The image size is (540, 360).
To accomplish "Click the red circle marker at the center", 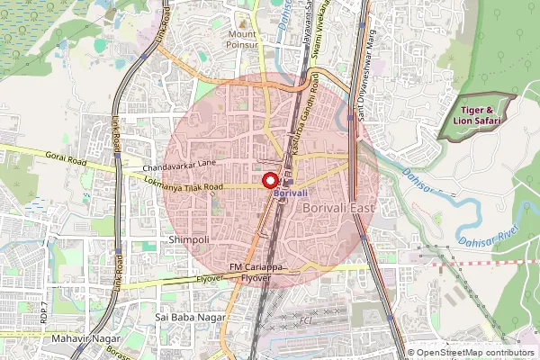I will tap(269, 180).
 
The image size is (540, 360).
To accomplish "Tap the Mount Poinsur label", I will tap(242, 40).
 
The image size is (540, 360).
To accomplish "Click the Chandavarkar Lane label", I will tap(179, 165).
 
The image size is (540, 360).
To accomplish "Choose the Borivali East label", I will tap(337, 209).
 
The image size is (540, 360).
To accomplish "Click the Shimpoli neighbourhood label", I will tap(189, 239).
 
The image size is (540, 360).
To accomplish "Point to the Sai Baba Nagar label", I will tap(188, 318).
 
